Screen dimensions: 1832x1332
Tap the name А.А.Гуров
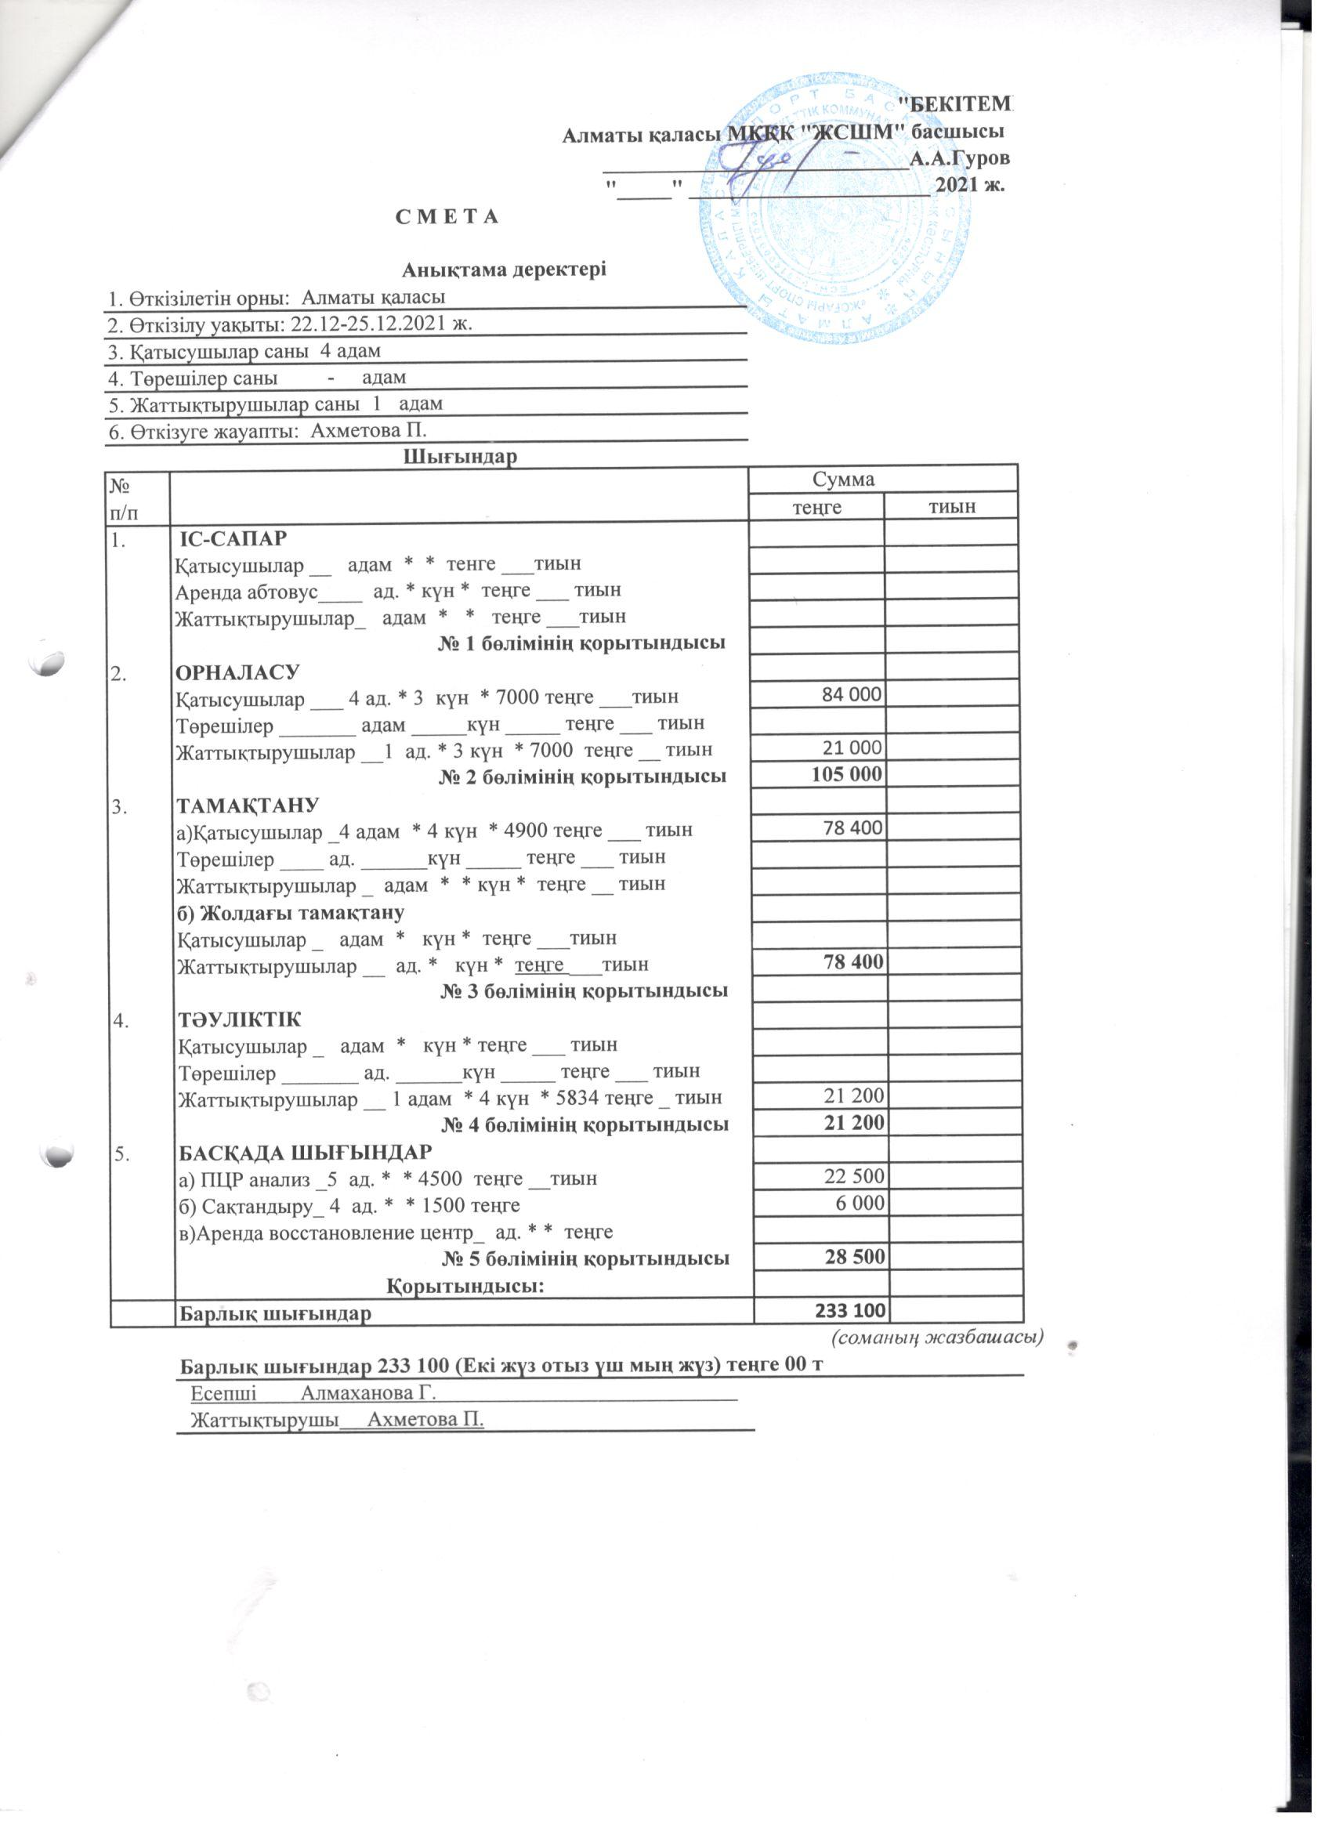[960, 158]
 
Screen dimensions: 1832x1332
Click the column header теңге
[816, 506]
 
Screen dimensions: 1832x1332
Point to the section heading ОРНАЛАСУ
[237, 672]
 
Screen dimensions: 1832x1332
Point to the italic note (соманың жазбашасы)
[937, 1337]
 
